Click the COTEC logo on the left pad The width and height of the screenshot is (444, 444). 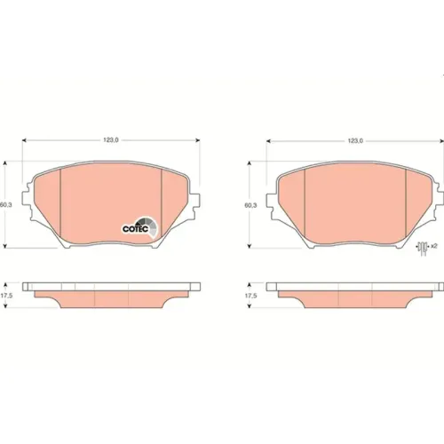pos(140,227)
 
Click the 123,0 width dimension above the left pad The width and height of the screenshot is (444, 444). pos(111,140)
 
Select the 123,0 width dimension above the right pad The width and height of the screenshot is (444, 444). pos(355,141)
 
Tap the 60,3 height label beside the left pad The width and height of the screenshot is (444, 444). pos(6,204)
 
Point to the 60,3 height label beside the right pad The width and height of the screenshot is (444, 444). pos(250,205)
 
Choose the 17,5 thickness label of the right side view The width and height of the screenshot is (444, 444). pos(250,296)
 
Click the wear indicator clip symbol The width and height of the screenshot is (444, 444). pos(423,247)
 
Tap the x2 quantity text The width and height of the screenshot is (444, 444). pos(434,246)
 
